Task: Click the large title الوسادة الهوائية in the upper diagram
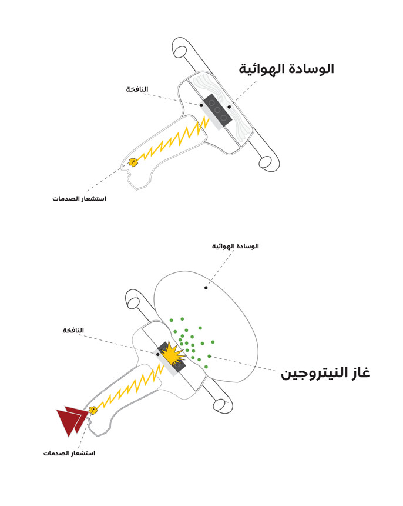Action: [x=286, y=69]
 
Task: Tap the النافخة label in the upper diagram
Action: [x=137, y=89]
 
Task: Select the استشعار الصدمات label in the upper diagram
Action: [x=79, y=198]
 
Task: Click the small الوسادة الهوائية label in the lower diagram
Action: [x=235, y=246]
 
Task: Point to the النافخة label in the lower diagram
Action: [x=73, y=331]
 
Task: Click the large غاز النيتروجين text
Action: [x=325, y=374]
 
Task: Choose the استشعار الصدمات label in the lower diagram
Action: [x=69, y=454]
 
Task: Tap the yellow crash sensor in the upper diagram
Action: [x=133, y=162]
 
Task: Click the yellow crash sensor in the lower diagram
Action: [x=92, y=410]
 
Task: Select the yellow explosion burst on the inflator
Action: [x=173, y=355]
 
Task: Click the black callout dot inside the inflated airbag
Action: [x=206, y=288]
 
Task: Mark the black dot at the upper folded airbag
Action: [x=229, y=106]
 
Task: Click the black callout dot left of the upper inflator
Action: [x=201, y=105]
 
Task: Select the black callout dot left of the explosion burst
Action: [x=157, y=354]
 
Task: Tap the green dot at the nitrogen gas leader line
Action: [x=209, y=356]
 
